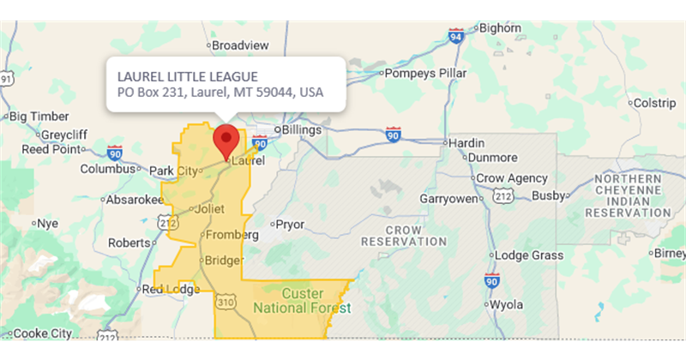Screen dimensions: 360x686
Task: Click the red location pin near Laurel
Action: pyautogui.click(x=226, y=139)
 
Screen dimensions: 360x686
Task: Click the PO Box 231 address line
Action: pyautogui.click(x=220, y=93)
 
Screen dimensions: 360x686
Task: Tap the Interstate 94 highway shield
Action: pyautogui.click(x=455, y=36)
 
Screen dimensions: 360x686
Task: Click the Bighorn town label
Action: pyautogui.click(x=500, y=28)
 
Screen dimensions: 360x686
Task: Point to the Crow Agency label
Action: pyautogui.click(x=512, y=178)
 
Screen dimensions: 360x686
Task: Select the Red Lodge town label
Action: pyautogui.click(x=171, y=289)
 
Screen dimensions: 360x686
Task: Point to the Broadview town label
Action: pyautogui.click(x=240, y=45)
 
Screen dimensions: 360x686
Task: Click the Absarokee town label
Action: pyautogui.click(x=134, y=200)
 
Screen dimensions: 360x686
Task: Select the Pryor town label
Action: pyautogui.click(x=290, y=225)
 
